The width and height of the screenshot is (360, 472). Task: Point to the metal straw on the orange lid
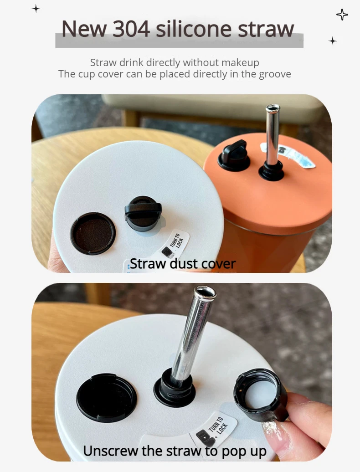(x=272, y=137)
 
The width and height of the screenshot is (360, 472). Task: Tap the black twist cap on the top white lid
(x=143, y=212)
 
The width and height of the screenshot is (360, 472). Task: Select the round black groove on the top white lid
(x=93, y=233)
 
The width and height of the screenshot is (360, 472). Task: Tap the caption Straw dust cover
(x=183, y=264)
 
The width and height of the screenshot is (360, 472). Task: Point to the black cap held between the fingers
(x=260, y=394)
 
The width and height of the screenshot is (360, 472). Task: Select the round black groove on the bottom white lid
(x=107, y=395)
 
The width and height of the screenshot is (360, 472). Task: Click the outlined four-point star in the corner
(x=342, y=15)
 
